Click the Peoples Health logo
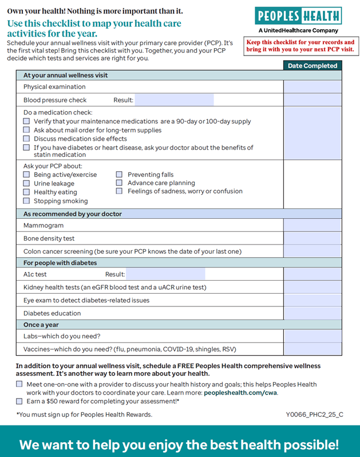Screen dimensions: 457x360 click(x=298, y=16)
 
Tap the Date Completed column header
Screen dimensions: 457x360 click(x=312, y=66)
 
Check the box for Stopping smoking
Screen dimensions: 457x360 click(x=26, y=201)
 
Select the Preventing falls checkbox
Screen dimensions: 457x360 click(x=120, y=175)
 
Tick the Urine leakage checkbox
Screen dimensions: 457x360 click(x=26, y=183)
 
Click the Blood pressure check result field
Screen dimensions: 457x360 click(x=174, y=100)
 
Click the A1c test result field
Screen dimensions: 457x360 click(x=165, y=274)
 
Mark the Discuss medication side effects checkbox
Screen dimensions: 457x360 click(x=26, y=139)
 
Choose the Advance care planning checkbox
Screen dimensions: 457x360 click(x=120, y=183)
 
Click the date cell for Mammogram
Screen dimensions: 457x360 click(x=312, y=226)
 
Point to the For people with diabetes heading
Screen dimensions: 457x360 click(x=60, y=263)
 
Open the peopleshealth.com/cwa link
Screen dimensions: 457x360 click(x=240, y=393)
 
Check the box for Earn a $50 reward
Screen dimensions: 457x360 click(x=19, y=401)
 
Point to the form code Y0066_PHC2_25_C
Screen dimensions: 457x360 click(x=315, y=415)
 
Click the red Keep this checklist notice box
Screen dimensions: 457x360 click(x=300, y=46)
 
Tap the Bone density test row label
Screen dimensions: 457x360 click(x=49, y=238)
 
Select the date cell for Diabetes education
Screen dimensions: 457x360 click(x=312, y=313)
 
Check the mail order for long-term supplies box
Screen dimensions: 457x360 click(x=26, y=130)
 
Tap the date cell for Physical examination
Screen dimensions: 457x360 click(x=312, y=87)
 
